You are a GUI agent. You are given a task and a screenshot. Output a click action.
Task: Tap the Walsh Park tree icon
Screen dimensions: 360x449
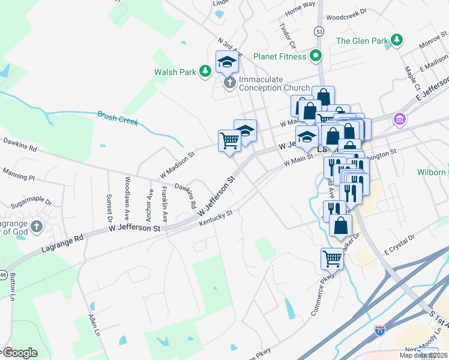click(x=205, y=72)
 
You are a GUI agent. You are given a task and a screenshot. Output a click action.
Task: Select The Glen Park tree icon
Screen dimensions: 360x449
click(x=396, y=41)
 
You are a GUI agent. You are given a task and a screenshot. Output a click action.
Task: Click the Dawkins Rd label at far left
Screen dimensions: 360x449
click(x=20, y=145)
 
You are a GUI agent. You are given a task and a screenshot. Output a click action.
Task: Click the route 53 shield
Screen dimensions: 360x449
click(x=319, y=31)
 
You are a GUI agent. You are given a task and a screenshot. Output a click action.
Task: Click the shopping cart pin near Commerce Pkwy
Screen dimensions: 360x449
click(x=332, y=259)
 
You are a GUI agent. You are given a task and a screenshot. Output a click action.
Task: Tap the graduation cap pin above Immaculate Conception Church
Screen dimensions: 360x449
click(x=228, y=61)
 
